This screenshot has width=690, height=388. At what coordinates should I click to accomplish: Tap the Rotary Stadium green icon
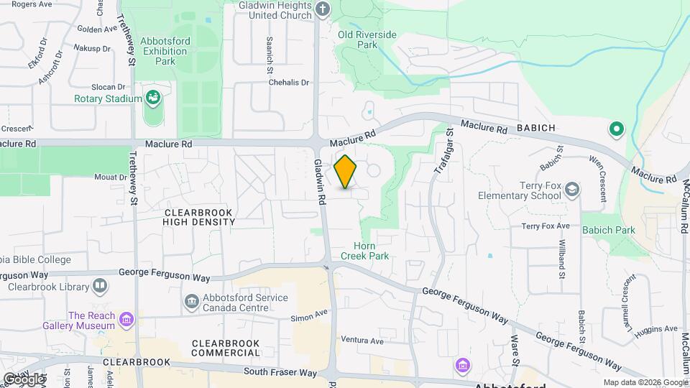tap(152, 98)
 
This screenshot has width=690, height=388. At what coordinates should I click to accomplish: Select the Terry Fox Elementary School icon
tap(572, 190)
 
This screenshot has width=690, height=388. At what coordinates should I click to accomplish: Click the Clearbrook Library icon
tap(100, 286)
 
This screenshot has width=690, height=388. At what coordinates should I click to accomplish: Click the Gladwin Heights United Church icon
tap(323, 9)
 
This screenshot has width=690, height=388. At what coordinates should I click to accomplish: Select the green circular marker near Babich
tap(616, 130)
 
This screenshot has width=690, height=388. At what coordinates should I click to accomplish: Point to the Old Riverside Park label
tap(367, 39)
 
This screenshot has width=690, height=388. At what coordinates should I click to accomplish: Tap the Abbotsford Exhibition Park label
tap(165, 51)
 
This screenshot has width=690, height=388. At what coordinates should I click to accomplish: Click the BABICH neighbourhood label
tap(535, 128)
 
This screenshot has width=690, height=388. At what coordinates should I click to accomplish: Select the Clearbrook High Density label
tap(199, 217)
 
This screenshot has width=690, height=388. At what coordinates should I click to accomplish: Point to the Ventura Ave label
tap(362, 340)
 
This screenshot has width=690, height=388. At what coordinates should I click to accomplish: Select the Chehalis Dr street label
tap(288, 83)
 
